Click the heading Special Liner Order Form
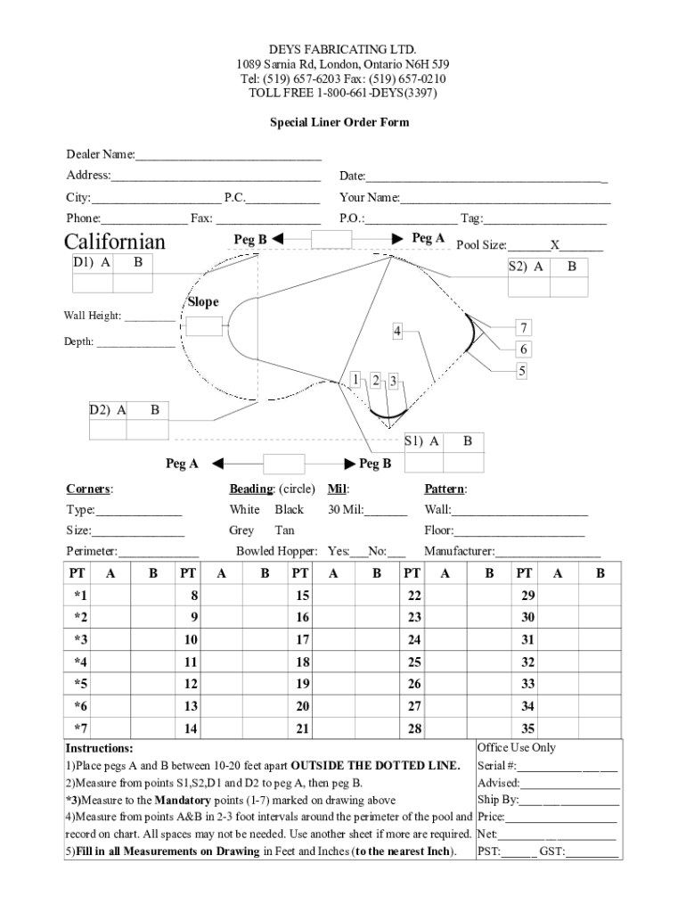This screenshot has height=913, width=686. [339, 122]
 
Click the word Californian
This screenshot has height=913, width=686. [114, 243]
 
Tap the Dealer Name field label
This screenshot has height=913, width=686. [100, 155]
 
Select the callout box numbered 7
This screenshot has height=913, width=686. [525, 327]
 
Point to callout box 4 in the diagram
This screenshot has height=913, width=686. [397, 332]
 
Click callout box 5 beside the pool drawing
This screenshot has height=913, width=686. [524, 370]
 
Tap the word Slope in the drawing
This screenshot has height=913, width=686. [203, 302]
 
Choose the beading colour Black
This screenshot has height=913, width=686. [289, 510]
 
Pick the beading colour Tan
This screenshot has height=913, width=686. [285, 531]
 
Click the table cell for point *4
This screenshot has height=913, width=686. [81, 662]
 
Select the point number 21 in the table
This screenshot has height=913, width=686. [303, 729]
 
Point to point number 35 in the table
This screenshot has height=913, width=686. [527, 729]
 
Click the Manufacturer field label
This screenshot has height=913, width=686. [459, 552]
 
